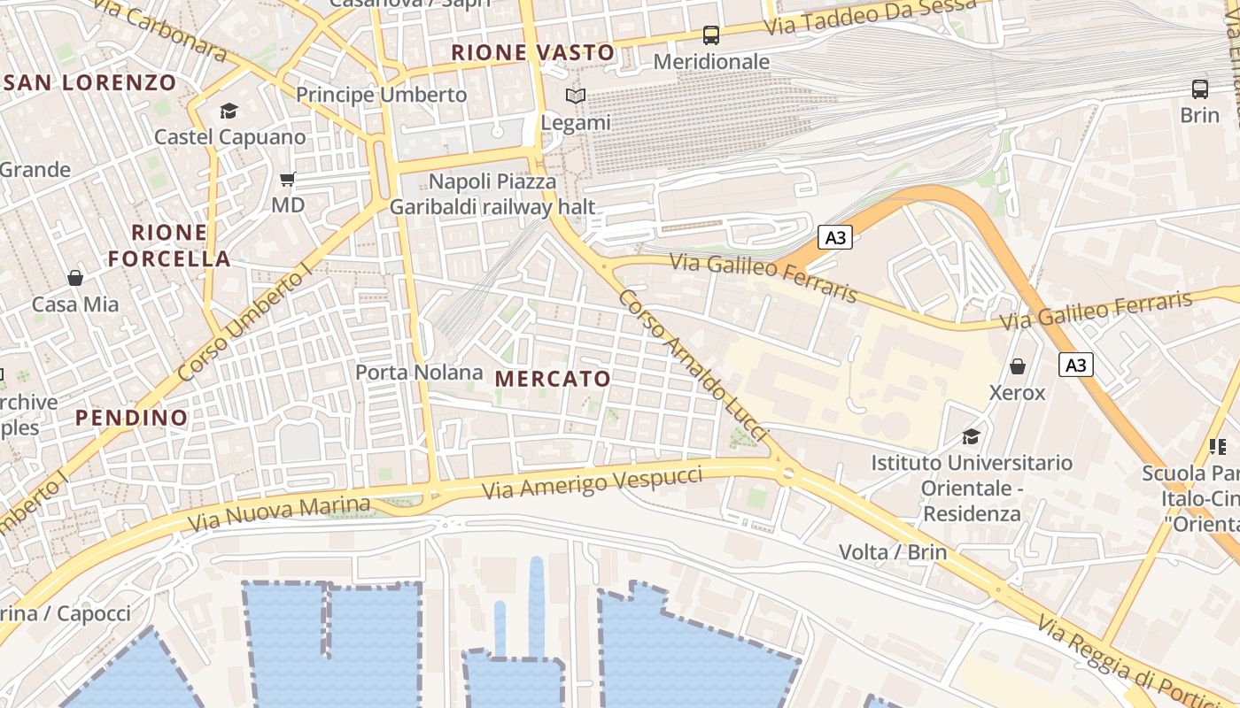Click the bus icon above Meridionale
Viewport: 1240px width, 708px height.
[x=711, y=35]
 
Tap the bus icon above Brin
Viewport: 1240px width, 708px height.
[x=1200, y=88]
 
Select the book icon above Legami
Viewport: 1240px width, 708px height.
[x=576, y=96]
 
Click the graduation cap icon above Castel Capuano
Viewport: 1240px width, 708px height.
[x=229, y=111]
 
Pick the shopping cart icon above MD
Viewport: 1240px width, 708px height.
[x=288, y=180]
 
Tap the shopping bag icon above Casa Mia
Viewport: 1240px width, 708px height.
[x=75, y=278]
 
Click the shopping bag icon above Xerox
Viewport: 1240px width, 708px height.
[x=1018, y=366]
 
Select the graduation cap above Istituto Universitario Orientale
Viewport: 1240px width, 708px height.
[x=972, y=436]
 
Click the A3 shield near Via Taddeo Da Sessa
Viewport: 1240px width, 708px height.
[x=834, y=237]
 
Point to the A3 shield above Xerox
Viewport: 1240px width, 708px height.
[x=1075, y=365]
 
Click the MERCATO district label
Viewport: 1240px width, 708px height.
[x=553, y=380]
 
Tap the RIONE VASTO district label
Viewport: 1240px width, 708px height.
[x=532, y=53]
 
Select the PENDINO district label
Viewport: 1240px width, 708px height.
[x=131, y=418]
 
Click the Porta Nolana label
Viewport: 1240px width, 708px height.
[x=419, y=373]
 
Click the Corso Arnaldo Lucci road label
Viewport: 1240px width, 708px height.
[x=692, y=364]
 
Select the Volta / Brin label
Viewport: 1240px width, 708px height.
[x=893, y=552]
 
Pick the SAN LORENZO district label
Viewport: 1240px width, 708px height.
[x=89, y=83]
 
